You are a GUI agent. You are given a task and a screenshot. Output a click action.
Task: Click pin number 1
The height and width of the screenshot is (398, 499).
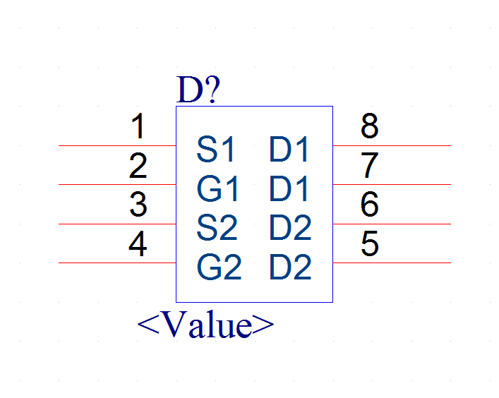point(138,126)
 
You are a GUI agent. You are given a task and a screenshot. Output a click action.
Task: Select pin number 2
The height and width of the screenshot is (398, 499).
point(138,165)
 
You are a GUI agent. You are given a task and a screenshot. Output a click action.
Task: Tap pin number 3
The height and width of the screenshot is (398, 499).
point(138,204)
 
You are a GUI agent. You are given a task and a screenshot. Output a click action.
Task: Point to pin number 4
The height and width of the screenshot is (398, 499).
point(138,243)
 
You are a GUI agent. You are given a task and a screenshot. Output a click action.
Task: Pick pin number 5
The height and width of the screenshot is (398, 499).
point(370,243)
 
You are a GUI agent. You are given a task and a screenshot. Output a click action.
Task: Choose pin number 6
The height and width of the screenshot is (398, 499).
point(369,204)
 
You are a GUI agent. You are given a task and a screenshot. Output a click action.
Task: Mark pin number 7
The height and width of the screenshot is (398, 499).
point(369,165)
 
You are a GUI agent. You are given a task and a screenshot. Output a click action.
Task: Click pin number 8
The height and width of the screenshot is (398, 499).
point(369,126)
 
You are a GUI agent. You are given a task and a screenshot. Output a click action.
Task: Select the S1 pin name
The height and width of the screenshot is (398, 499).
point(216,149)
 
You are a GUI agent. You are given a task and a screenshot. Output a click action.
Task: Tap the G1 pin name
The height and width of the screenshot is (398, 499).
point(217,188)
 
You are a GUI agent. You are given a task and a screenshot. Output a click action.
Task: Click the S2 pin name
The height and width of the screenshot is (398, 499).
point(217,227)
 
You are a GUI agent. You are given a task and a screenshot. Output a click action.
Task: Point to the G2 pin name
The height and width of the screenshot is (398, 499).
point(220,267)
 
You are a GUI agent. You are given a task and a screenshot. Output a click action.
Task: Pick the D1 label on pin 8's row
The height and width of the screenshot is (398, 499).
point(289,149)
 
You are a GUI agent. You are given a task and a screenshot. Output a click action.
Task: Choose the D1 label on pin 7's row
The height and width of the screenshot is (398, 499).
point(289,188)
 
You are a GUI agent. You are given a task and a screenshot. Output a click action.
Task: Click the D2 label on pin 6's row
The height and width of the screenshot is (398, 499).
point(290,227)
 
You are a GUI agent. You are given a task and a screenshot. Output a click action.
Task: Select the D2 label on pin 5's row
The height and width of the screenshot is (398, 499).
point(290,267)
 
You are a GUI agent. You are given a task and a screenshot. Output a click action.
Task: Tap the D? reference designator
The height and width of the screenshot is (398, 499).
point(198,90)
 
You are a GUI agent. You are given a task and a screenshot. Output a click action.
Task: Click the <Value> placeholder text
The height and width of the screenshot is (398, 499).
point(205,324)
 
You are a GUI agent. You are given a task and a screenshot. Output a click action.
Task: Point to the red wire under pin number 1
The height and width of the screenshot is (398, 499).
point(117,145)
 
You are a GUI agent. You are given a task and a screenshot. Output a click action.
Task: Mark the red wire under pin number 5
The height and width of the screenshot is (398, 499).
point(392,263)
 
